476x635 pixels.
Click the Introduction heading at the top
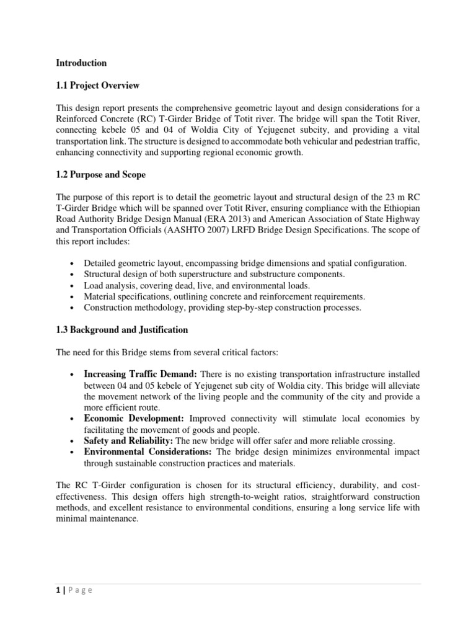tap(81, 63)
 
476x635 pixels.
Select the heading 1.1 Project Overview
tap(97, 85)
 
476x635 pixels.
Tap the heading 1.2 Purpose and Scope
tap(100, 175)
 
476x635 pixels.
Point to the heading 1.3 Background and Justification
tap(122, 330)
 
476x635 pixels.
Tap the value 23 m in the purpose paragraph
tap(368, 197)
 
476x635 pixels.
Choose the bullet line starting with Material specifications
tap(224, 296)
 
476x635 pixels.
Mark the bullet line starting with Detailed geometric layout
tap(245, 263)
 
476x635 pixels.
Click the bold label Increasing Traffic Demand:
tap(132, 375)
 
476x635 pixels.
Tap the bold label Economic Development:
tap(133, 419)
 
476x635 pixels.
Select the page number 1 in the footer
tap(58, 590)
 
